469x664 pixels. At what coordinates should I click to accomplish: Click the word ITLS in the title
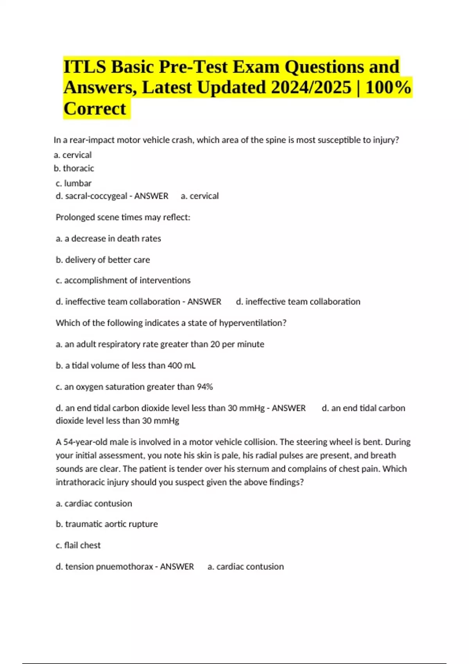[x=84, y=67]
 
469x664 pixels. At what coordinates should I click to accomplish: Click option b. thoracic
[x=74, y=168]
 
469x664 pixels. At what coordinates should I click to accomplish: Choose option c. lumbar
[x=73, y=183]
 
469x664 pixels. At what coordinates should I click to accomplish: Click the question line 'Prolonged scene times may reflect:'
[x=123, y=217]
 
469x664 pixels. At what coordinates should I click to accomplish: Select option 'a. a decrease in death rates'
[x=108, y=239]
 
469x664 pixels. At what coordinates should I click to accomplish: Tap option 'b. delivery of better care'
[x=103, y=260]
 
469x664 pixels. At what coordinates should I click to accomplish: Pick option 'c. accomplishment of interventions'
[x=123, y=280]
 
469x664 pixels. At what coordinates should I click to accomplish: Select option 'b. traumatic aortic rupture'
[x=107, y=524]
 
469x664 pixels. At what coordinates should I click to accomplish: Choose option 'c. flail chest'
[x=78, y=545]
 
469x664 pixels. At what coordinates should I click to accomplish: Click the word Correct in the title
[x=95, y=109]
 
